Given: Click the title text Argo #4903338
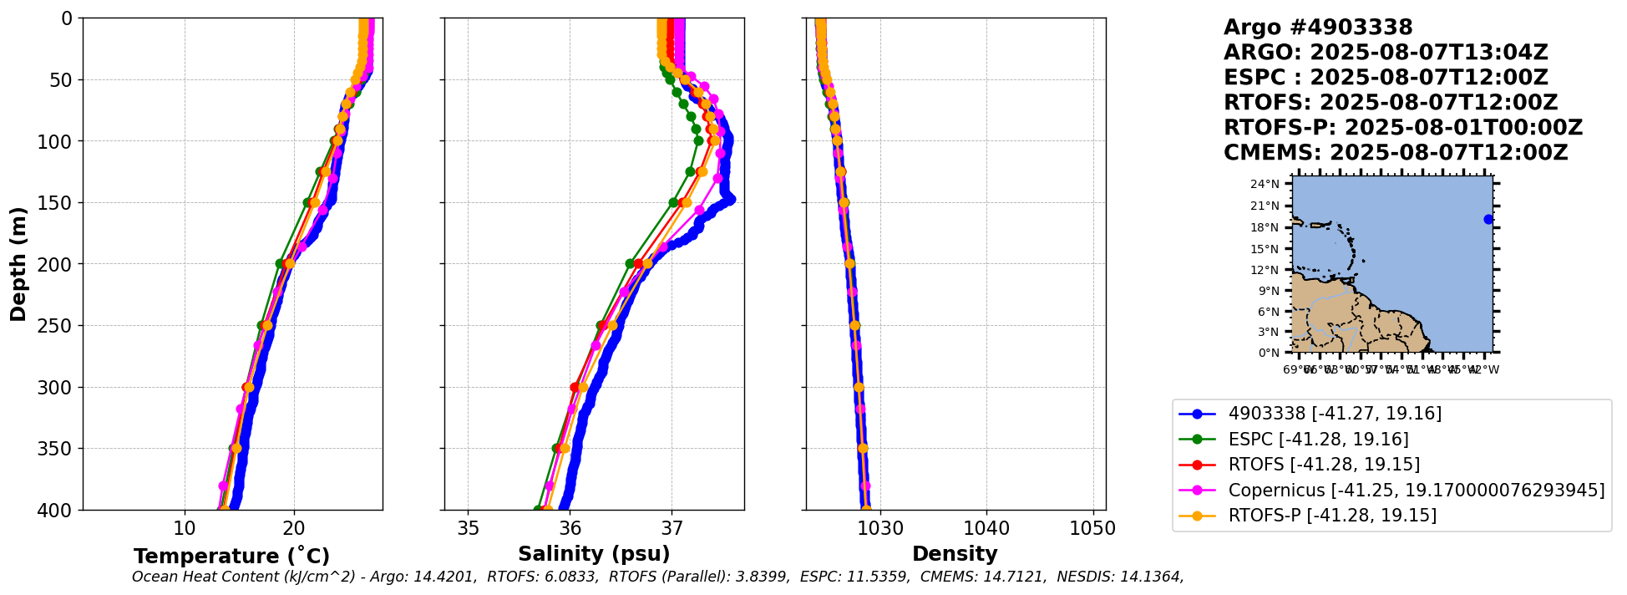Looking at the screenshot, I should point(1318,28).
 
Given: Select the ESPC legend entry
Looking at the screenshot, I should point(1318,440).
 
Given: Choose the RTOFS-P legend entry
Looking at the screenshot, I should point(1332,516).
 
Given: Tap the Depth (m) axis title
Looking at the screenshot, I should point(18,263).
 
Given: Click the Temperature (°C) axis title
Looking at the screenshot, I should point(231,557).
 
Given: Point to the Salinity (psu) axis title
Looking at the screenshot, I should point(594,554).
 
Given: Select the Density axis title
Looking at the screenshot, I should point(955,554).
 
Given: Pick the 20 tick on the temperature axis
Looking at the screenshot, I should point(293,528).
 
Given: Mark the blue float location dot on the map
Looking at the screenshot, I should point(1488,220).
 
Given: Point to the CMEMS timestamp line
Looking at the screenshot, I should point(1395,153).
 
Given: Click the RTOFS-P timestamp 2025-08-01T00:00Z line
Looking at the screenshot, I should point(1402,128).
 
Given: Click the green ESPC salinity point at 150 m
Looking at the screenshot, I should point(673,203).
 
